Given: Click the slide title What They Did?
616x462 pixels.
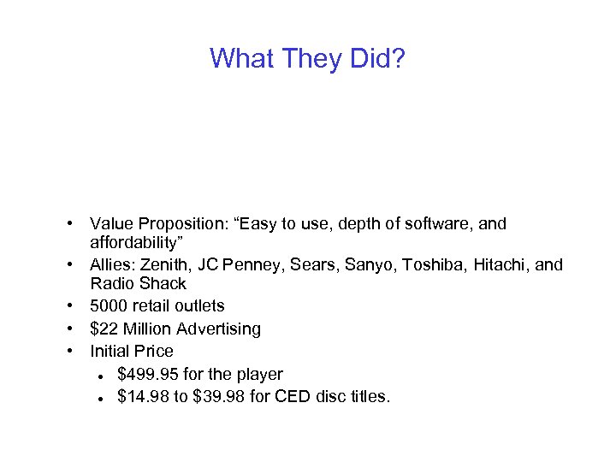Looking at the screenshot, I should [307, 58].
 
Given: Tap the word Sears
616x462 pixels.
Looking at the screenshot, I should [313, 264].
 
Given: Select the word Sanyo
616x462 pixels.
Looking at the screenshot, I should [369, 264].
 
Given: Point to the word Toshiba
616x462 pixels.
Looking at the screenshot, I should [429, 264].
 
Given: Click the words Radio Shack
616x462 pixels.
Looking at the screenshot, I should [138, 283].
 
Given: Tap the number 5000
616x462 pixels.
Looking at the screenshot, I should [109, 305].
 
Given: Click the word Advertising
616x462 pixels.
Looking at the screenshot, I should [216, 329].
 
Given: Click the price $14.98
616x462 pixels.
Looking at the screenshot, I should [146, 396].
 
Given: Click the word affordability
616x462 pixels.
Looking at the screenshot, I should [136, 242].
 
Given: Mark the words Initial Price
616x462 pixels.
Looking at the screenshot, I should [132, 351].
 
